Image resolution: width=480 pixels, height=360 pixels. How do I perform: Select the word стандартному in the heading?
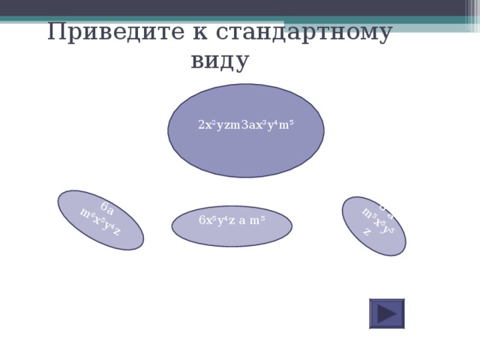(303, 33)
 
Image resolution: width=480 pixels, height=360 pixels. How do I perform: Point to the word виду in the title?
(219, 61)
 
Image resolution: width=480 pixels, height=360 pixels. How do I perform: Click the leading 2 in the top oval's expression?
(201, 125)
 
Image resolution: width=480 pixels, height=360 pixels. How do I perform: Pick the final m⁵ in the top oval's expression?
(286, 124)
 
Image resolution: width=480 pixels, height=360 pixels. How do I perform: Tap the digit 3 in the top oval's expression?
(243, 125)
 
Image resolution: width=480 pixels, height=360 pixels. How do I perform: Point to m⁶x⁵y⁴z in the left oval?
(100, 223)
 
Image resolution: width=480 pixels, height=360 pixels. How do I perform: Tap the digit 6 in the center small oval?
(202, 220)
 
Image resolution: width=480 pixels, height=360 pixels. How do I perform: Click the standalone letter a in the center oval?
(242, 220)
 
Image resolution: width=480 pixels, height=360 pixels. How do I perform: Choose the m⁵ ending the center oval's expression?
(258, 220)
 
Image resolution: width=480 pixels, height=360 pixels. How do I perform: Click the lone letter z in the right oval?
(366, 232)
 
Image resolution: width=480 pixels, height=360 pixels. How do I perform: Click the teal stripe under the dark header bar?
(240, 20)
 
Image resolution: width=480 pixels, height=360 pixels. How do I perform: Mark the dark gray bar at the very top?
(240, 7)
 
